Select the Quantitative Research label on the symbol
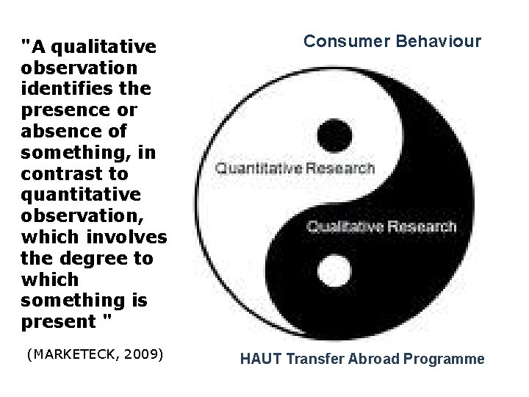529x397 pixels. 294,168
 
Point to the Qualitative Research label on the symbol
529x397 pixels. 381,226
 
